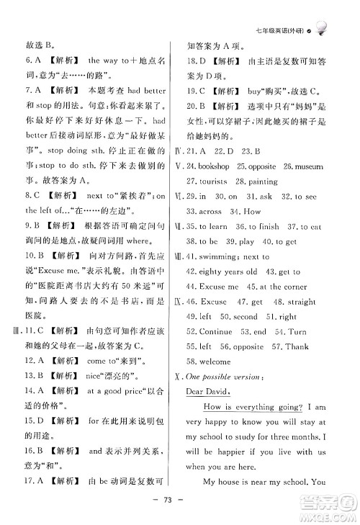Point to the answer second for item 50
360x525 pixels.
click(246, 317)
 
